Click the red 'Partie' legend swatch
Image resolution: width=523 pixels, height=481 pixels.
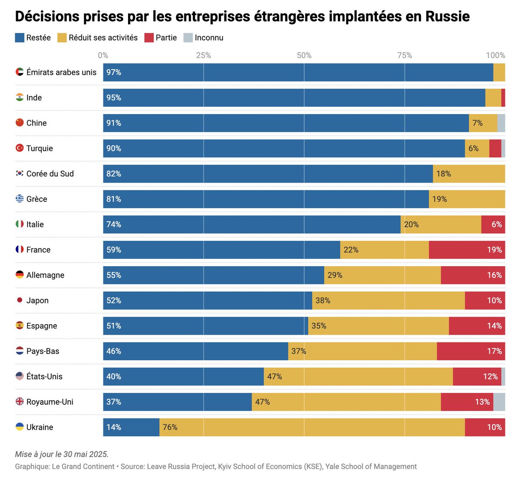tap(149, 38)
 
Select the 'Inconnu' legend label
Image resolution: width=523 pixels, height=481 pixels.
tap(209, 38)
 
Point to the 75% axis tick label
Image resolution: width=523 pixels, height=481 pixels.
tap(404, 55)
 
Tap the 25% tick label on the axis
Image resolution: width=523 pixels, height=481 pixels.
tap(204, 55)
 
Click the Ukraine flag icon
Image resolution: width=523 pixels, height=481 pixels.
tap(20, 427)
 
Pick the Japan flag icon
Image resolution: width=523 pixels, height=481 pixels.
tap(20, 300)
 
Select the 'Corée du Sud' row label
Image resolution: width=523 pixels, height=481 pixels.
tap(50, 174)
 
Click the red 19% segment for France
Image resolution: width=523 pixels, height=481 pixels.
tap(466, 250)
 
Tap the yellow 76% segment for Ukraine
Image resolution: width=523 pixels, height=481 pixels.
tap(312, 427)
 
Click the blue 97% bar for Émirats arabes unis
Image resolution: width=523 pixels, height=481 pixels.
tap(298, 72)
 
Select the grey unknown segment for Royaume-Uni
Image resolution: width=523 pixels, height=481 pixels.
tap(499, 402)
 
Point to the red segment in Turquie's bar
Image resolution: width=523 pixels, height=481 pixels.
tap(495, 149)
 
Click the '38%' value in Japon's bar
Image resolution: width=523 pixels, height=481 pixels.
tap(323, 301)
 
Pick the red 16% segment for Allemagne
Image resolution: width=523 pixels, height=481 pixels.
tap(472, 275)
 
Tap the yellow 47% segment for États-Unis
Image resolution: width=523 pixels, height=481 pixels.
tap(358, 376)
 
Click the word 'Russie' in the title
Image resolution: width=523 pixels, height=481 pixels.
tap(447, 17)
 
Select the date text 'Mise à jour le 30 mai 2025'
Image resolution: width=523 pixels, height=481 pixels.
tap(61, 454)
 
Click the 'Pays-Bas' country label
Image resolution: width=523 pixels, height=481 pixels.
tap(43, 351)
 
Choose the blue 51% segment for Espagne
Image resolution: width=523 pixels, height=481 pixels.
tap(205, 326)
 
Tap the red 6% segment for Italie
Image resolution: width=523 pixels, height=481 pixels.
tap(493, 224)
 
